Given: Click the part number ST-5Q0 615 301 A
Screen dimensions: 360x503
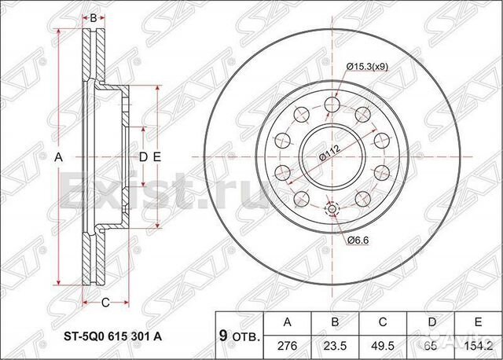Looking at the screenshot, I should (113, 336).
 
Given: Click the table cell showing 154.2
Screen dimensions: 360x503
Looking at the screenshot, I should (477, 344).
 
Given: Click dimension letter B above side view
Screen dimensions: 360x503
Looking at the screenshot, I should (93, 17).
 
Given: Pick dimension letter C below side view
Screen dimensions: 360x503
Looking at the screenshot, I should (104, 301).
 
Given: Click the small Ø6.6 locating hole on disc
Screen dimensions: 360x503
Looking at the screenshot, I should (331, 209).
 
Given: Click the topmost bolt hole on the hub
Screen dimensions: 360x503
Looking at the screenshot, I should (331, 104).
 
